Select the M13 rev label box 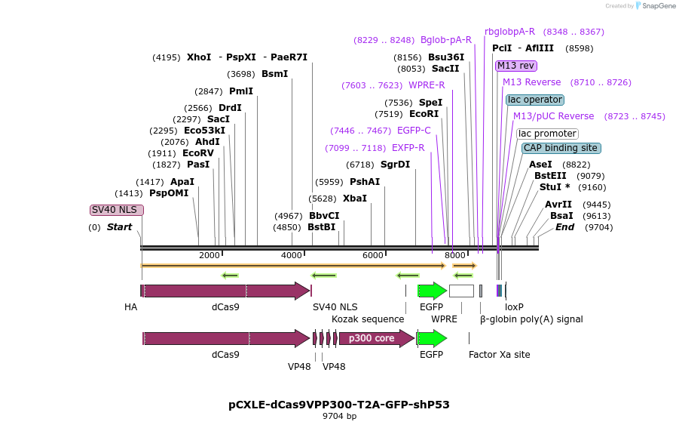click(516, 66)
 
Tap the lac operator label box click(535, 100)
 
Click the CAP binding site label click(561, 148)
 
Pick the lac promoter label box click(548, 134)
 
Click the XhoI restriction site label click(199, 57)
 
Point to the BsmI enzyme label click(274, 74)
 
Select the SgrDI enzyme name click(395, 165)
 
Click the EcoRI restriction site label click(424, 114)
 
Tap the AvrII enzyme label click(558, 205)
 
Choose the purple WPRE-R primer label click(427, 85)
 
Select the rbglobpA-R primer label click(509, 32)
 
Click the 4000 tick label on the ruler click(292, 255)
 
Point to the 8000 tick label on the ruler click(455, 255)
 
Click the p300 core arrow click(375, 338)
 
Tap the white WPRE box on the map click(461, 291)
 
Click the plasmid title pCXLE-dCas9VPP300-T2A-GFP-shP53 click(339, 405)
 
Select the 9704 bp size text click(339, 416)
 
